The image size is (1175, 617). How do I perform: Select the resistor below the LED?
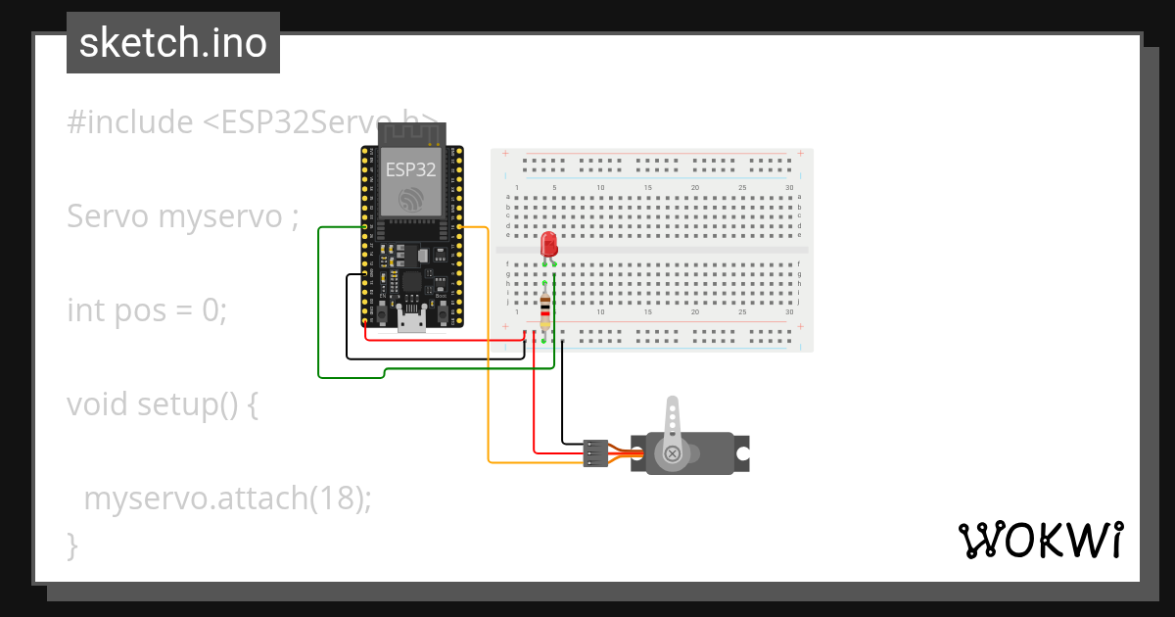(544, 310)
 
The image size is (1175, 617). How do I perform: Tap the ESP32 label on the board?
(410, 168)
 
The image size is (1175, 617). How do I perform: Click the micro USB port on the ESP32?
(412, 320)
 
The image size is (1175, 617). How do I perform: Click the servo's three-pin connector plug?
(594, 452)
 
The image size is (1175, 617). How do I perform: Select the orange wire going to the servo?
(488, 392)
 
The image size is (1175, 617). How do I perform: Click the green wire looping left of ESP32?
(319, 304)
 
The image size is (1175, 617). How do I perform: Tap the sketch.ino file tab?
(173, 43)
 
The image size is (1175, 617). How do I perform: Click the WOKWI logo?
(1039, 541)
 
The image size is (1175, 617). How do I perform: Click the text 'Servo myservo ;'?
(182, 216)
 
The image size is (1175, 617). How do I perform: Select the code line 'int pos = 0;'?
(147, 310)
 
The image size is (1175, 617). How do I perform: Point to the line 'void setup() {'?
(162, 403)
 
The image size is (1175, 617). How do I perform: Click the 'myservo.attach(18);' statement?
(227, 498)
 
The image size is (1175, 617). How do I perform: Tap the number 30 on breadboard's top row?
(789, 187)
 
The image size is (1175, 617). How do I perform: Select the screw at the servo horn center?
(673, 453)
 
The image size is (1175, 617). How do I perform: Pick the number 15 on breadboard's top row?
(647, 187)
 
